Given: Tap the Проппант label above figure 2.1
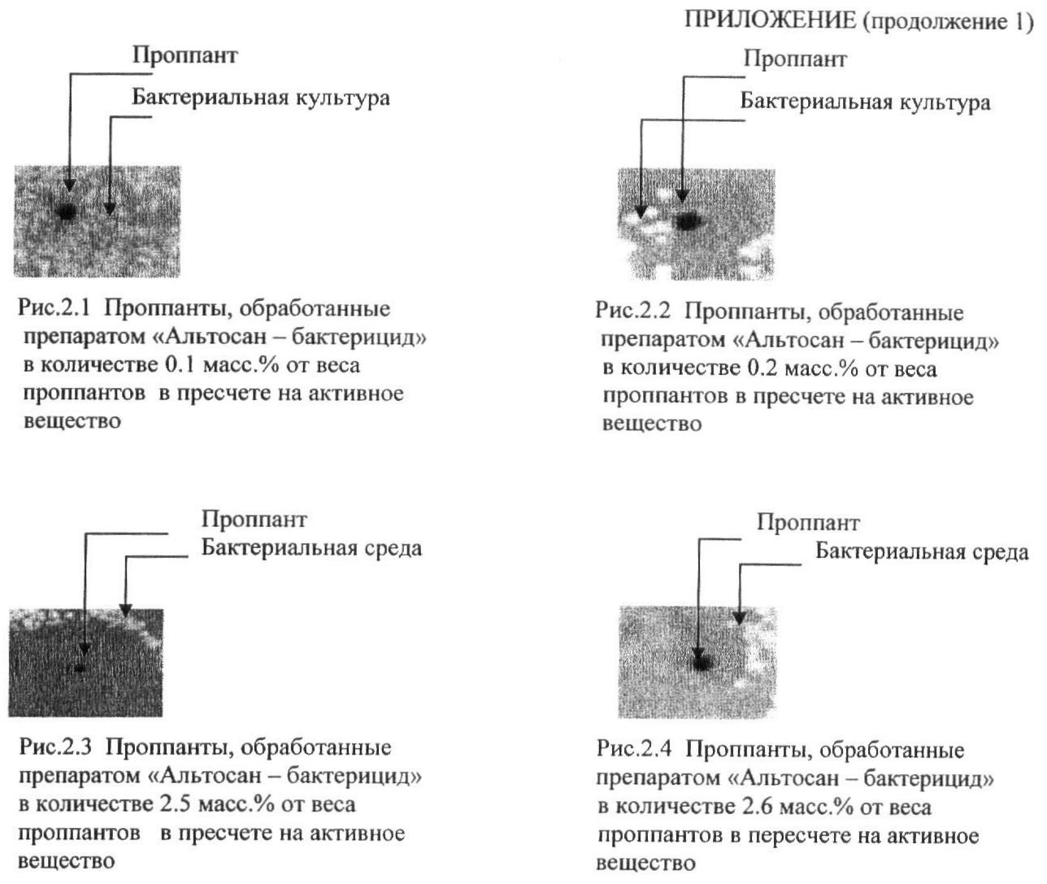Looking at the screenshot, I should (x=185, y=55).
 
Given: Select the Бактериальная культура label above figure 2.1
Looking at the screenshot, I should (x=261, y=98).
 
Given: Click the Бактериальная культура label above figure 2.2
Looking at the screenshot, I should (x=865, y=102).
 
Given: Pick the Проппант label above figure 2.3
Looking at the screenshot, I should (x=254, y=519).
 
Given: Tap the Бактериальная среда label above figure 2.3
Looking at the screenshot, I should (x=311, y=548).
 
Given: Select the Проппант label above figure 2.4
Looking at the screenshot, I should (x=807, y=523).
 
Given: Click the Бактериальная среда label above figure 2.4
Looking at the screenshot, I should (x=922, y=552).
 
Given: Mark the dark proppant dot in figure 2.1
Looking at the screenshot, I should (x=67, y=211).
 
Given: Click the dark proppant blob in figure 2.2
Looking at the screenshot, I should (x=688, y=220).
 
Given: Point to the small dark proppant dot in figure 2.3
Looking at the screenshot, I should (x=80, y=668).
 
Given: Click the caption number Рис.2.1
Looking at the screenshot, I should (x=55, y=310).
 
